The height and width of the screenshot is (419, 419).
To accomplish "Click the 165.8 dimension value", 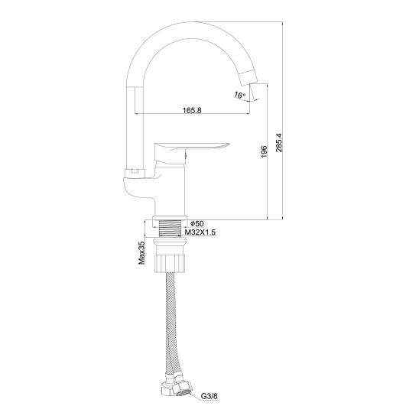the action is point(192,110).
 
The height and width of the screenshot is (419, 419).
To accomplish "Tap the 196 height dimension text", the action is point(264,152).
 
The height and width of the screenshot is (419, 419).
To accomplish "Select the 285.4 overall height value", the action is point(279,142).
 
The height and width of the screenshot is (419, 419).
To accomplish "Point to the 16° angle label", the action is point(239,95).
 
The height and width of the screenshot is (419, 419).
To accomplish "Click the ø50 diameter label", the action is point(197,223).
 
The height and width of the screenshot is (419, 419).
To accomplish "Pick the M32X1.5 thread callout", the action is point(200,232).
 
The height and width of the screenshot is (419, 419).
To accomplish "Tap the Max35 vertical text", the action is point(141,253).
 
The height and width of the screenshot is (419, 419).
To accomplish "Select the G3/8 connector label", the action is point(209,396).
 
